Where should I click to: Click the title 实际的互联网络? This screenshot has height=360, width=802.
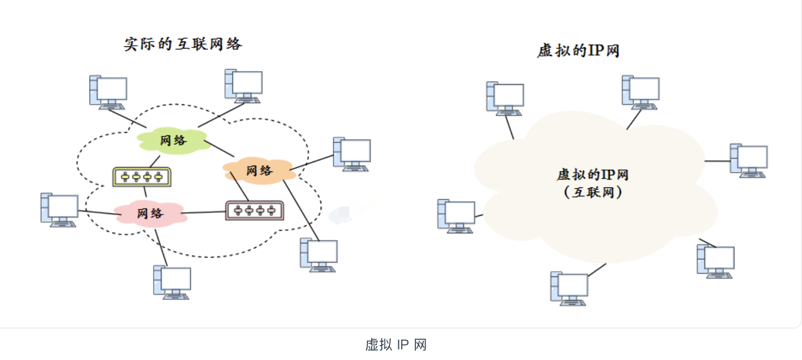(x=183, y=44)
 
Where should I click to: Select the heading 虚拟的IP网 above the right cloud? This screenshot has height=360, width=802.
(x=578, y=51)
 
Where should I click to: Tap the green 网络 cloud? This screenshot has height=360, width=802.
(x=173, y=140)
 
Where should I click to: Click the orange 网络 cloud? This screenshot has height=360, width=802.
(x=259, y=170)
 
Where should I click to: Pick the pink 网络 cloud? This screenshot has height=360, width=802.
(x=150, y=214)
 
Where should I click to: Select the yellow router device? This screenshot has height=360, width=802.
(x=141, y=177)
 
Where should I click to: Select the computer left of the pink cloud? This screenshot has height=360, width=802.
(x=60, y=210)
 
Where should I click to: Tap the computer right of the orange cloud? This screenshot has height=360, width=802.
(x=352, y=154)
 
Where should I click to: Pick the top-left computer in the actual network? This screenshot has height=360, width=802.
(x=108, y=92)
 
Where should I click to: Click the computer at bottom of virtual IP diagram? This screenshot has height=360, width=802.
(x=569, y=288)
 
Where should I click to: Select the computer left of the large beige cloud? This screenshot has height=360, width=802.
(x=456, y=216)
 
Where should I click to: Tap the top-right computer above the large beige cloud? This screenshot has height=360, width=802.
(x=641, y=92)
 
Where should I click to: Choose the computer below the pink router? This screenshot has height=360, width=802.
(x=318, y=255)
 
